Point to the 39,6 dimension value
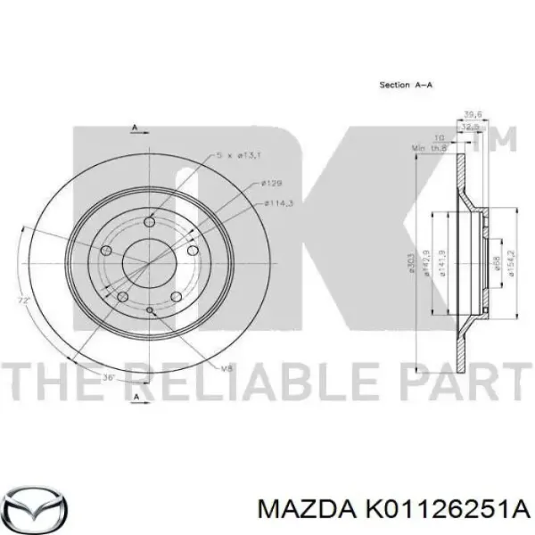(x=473, y=113)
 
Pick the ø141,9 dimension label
(x=444, y=263)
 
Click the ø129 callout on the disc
(x=272, y=184)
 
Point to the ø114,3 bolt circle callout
(x=278, y=203)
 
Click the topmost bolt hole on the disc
(x=150, y=223)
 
